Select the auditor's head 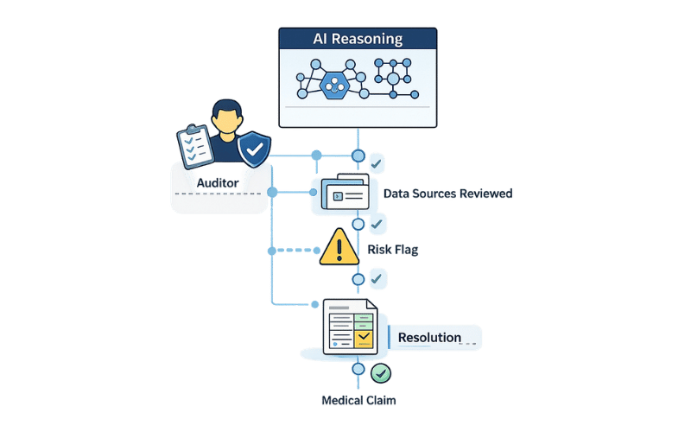click(225, 118)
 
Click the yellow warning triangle click(339, 248)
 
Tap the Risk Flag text click(393, 250)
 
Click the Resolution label click(429, 337)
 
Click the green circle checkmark click(381, 373)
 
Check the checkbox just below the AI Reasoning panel click(377, 162)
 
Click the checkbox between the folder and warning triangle click(377, 225)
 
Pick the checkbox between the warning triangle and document click(377, 278)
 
